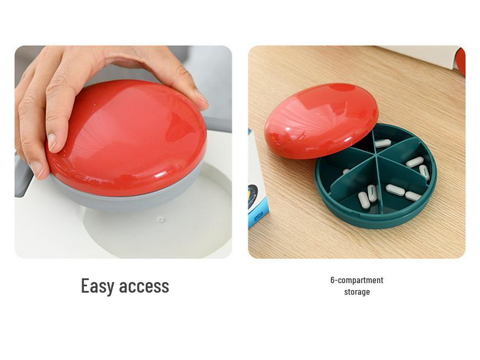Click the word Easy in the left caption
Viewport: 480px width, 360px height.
tap(97, 286)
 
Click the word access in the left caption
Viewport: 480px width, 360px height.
tap(144, 286)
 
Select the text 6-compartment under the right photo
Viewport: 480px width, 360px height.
tap(356, 280)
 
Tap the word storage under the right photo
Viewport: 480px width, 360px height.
tap(356, 292)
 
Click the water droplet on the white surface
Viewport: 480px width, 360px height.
tap(162, 219)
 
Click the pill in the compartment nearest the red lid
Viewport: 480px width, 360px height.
tap(382, 143)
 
